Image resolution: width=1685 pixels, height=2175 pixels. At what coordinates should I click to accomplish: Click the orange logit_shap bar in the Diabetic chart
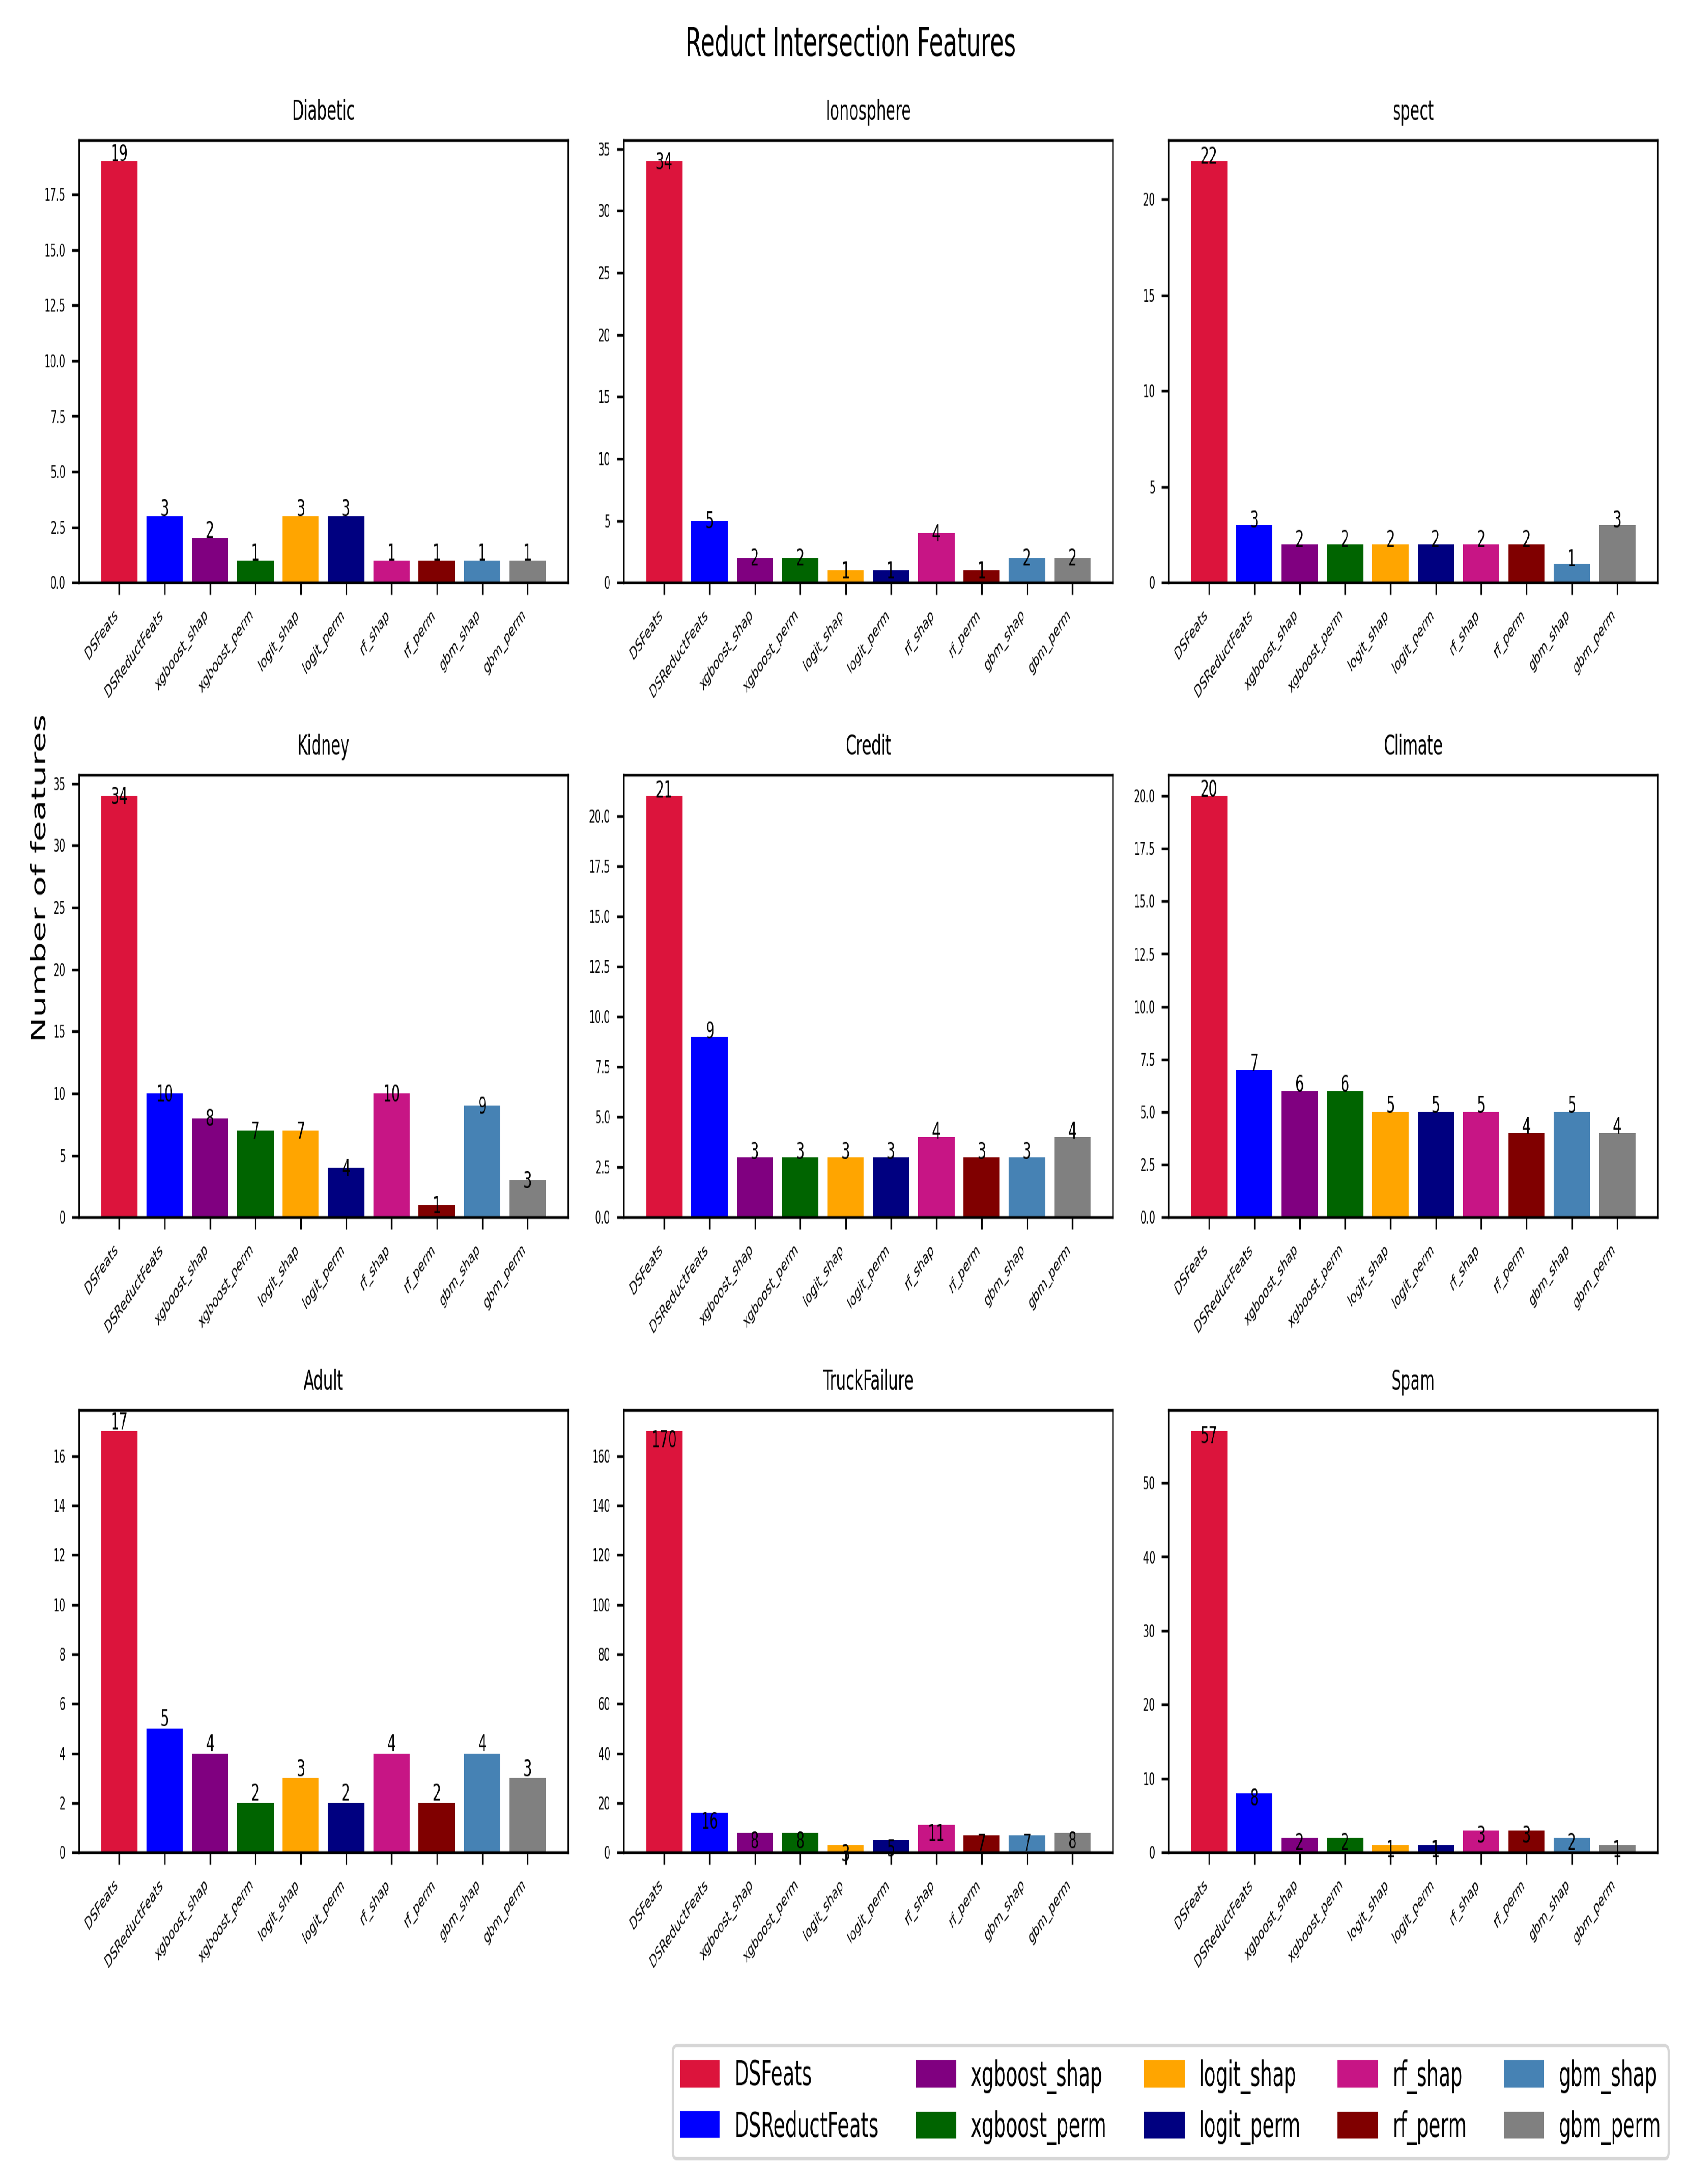click(x=301, y=549)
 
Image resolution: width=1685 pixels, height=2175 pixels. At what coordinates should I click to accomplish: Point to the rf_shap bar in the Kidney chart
click(x=391, y=1155)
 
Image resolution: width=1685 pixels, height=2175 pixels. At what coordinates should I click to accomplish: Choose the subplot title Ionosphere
click(x=867, y=110)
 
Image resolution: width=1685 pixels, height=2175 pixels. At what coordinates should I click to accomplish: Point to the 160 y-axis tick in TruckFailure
click(x=601, y=1456)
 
